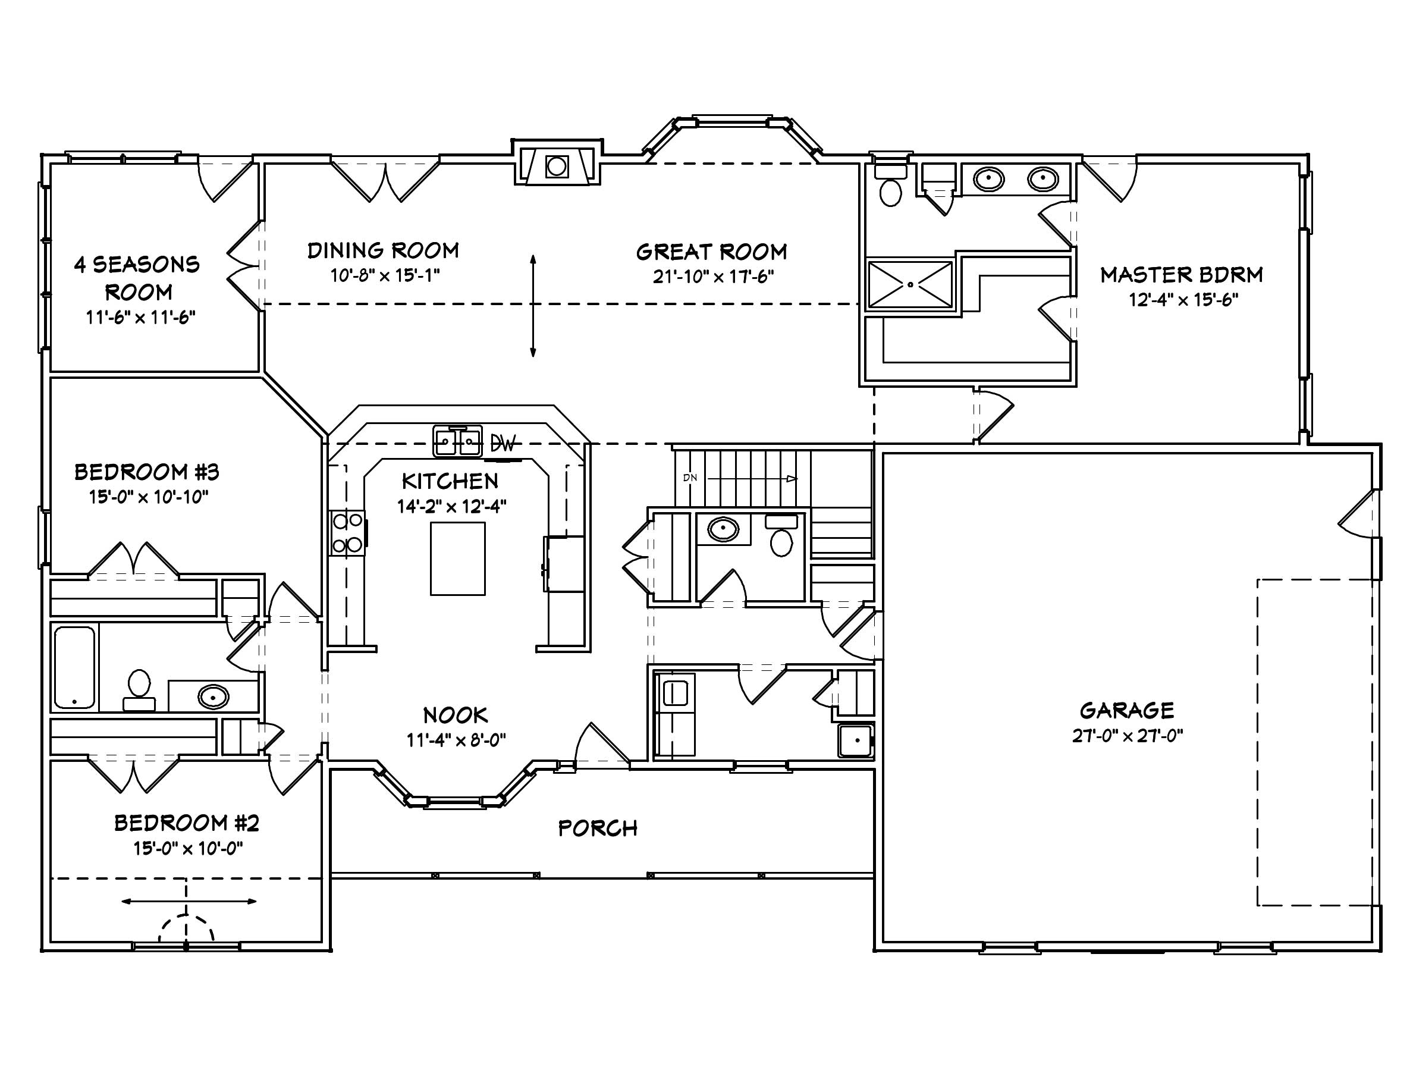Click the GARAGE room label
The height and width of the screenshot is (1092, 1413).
(x=1126, y=710)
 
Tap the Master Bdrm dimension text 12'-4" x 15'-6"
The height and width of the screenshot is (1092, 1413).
(x=1183, y=300)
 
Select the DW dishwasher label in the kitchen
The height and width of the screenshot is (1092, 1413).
(x=503, y=444)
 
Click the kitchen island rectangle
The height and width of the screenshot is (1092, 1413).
(x=457, y=558)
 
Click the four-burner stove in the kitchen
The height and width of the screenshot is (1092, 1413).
(x=347, y=533)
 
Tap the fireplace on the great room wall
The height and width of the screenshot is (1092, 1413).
(x=557, y=167)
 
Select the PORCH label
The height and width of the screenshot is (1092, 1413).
(x=598, y=828)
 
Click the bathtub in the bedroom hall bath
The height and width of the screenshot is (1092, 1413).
(x=74, y=667)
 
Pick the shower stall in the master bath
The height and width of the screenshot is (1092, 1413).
(x=910, y=284)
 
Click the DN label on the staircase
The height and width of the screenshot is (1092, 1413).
(x=690, y=478)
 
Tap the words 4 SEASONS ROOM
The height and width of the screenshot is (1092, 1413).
(x=137, y=278)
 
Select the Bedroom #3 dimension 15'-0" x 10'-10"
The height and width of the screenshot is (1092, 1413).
(x=149, y=497)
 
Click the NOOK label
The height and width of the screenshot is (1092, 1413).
(x=456, y=715)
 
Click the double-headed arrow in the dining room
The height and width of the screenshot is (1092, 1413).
(x=533, y=305)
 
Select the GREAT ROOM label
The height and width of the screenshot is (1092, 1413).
(x=712, y=252)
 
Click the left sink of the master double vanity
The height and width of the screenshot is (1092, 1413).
(x=988, y=178)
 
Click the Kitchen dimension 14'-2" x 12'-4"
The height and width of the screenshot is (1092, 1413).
(x=451, y=506)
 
